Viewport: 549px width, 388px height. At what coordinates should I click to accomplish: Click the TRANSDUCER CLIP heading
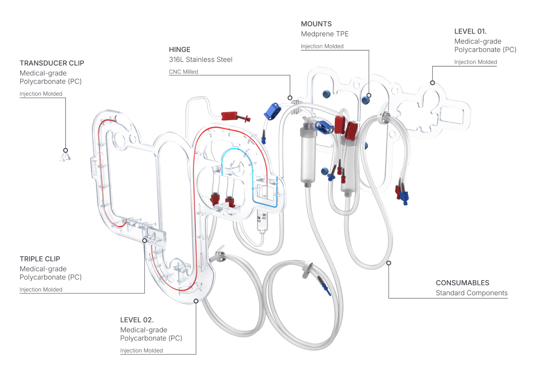click(x=52, y=63)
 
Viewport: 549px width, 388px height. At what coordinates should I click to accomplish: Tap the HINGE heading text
click(x=179, y=50)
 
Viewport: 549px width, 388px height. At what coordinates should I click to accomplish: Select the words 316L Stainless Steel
click(x=200, y=60)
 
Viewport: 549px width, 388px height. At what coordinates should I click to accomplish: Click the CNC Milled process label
click(x=183, y=72)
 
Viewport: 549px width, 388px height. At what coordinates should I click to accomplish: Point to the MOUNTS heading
click(x=316, y=24)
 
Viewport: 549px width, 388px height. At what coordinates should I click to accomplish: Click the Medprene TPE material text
click(x=325, y=34)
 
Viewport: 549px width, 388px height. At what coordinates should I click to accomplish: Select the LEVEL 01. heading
click(x=470, y=32)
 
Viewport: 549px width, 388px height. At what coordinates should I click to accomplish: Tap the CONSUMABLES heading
click(x=462, y=283)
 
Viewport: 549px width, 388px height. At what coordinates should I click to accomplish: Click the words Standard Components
click(x=471, y=293)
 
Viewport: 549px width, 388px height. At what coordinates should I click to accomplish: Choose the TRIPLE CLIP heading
click(x=40, y=259)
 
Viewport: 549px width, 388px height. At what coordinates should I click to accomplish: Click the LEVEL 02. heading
click(x=137, y=320)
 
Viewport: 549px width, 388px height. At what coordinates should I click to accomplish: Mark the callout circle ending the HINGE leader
click(x=290, y=98)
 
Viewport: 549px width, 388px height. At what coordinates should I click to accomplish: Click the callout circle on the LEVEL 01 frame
click(x=432, y=83)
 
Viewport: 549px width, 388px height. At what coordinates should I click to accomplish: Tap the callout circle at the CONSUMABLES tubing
click(x=388, y=263)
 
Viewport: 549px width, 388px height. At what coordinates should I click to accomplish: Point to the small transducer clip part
click(x=65, y=157)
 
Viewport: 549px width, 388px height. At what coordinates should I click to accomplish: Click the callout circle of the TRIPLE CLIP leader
click(x=144, y=240)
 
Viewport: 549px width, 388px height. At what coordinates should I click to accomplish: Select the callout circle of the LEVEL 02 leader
click(x=196, y=301)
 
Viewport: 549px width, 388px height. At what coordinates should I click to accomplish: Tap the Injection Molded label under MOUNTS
click(x=322, y=46)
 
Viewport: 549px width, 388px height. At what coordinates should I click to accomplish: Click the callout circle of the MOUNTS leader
click(x=369, y=95)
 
